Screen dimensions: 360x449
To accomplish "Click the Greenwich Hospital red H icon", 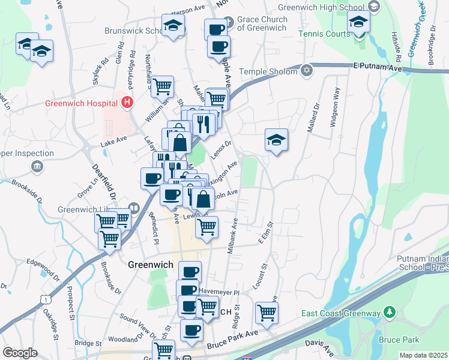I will (126, 103).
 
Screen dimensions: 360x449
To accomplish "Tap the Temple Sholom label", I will (268, 72).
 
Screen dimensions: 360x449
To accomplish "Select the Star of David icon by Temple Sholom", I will (307, 71).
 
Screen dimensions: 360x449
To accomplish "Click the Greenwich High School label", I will (322, 8).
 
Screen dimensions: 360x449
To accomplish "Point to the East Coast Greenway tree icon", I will (390, 313).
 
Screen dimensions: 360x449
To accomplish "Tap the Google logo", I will (20, 353).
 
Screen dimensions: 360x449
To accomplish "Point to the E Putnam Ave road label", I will (376, 67).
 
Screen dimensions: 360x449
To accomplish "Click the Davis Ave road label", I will (321, 347).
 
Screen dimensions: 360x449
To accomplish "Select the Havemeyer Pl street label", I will (219, 292).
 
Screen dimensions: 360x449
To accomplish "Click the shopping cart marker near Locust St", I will (267, 313).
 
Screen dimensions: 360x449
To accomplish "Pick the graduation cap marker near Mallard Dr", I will (276, 141).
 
